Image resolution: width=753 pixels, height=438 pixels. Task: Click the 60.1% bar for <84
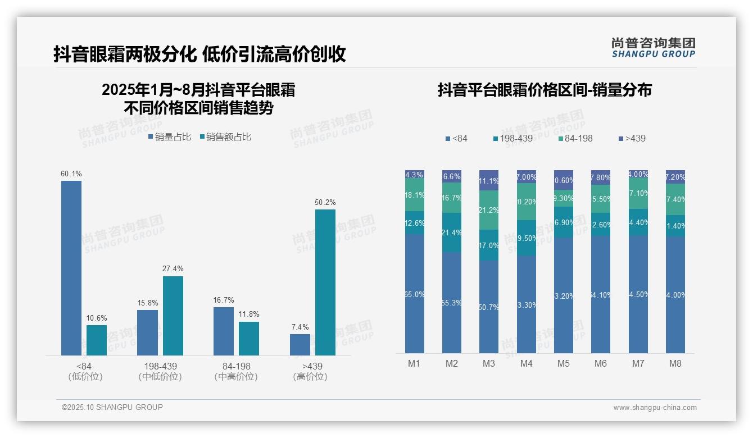71,268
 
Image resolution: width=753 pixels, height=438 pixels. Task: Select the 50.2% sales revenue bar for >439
325,282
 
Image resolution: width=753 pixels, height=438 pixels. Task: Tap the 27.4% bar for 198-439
173,316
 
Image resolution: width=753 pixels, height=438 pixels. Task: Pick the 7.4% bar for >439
300,345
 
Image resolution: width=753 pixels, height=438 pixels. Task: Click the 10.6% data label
96,318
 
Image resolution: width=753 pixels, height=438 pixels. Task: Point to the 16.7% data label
224,300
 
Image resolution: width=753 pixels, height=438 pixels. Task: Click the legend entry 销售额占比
225,137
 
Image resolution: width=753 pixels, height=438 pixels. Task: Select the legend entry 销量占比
169,137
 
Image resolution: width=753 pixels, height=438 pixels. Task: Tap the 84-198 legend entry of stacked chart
575,138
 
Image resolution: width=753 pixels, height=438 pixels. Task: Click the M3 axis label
489,363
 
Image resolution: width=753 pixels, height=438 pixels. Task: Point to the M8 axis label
675,363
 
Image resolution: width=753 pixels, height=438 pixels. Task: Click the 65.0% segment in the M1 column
415,294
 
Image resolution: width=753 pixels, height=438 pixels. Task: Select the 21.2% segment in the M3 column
489,210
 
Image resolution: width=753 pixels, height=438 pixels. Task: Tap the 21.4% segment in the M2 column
452,232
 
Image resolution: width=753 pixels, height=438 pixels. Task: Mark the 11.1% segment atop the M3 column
489,180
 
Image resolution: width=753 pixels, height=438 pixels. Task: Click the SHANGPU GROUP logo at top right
653,48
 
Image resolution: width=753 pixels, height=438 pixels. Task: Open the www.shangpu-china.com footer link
655,408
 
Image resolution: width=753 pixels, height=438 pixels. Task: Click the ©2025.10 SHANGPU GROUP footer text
112,407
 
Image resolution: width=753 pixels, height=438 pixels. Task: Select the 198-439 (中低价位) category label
160,372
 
